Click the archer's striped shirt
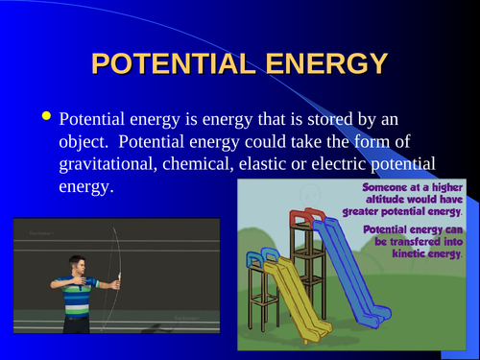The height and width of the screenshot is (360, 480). point(76,292)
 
